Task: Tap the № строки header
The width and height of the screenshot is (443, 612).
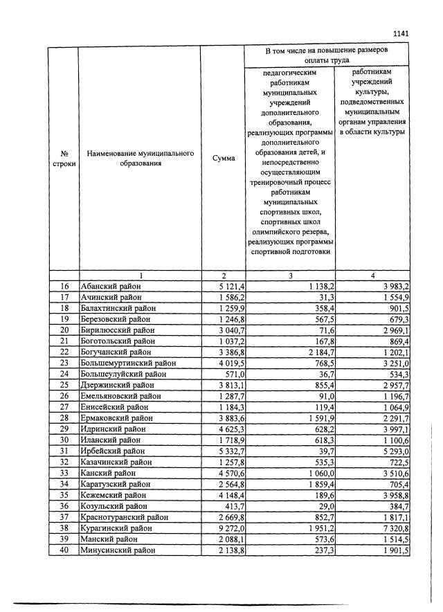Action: pyautogui.click(x=64, y=158)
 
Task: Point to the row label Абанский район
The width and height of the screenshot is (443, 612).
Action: pyautogui.click(x=110, y=286)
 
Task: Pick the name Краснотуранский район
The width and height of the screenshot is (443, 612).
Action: pyautogui.click(x=121, y=517)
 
